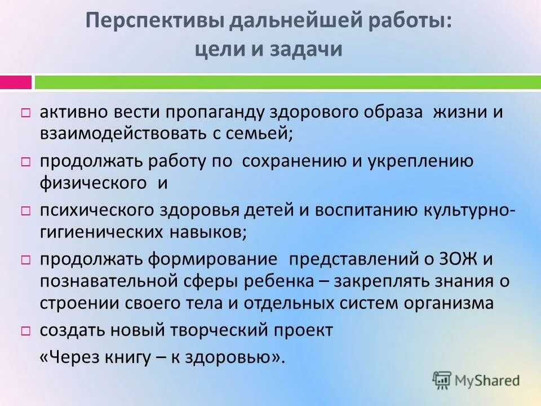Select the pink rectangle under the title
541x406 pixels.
point(15,82)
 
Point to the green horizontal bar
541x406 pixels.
point(287,82)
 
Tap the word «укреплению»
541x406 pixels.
point(424,161)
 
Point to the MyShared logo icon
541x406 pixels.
point(442,380)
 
